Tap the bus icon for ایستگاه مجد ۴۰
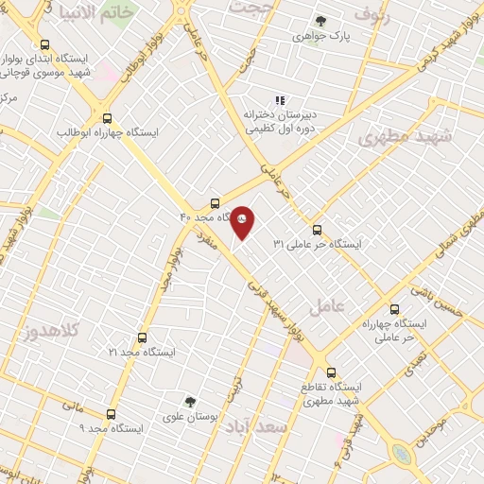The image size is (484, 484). [x=216, y=203]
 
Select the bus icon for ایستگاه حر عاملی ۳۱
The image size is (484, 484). [x=317, y=229]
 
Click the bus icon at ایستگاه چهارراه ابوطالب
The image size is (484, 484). [x=107, y=119]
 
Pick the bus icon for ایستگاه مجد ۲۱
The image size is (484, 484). [x=142, y=337]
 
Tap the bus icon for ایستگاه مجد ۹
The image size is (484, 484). [x=112, y=414]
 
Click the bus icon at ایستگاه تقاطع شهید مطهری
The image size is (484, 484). [x=331, y=372]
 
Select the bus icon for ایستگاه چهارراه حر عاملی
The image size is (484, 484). [x=394, y=309]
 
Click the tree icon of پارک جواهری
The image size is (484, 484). [x=320, y=21]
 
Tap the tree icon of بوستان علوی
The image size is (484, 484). [x=189, y=402]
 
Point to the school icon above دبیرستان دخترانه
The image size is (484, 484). [x=279, y=99]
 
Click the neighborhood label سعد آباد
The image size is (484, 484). [x=255, y=428]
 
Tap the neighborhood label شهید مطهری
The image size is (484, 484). [x=406, y=138]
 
